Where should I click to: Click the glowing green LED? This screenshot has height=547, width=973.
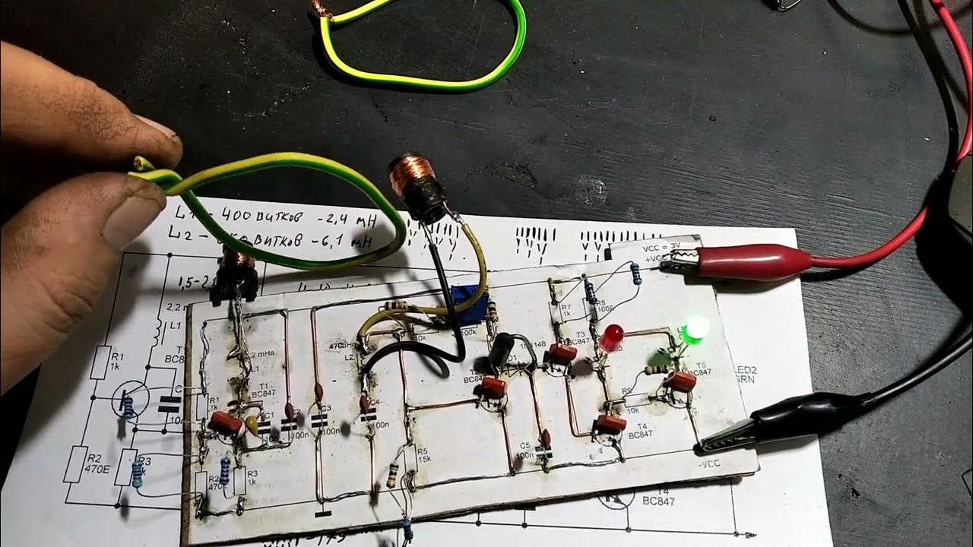(696, 330)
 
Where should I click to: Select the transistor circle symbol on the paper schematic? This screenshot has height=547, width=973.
(129, 400)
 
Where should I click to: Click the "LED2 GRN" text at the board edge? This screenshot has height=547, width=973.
(743, 373)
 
